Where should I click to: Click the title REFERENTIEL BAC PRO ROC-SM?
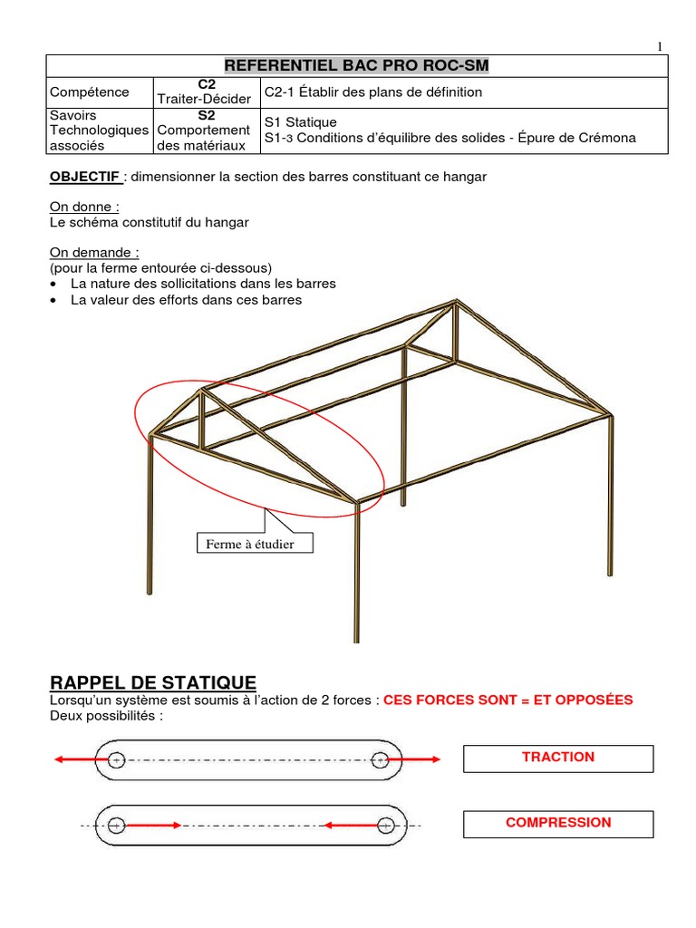356,66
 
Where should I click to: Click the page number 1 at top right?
660,47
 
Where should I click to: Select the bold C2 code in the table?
205,84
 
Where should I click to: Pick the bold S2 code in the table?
205,116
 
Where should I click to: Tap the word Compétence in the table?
90,92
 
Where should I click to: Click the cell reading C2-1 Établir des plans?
373,92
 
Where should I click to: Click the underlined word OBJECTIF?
84,177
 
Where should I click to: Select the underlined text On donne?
84,207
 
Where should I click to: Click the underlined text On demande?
94,252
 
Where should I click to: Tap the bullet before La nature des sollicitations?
56,284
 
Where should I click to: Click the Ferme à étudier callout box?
255,544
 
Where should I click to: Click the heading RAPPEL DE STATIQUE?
153,682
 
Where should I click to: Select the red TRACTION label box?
558,758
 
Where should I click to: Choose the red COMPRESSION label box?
558,823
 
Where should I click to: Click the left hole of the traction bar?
117,759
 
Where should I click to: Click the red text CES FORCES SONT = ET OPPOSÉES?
508,701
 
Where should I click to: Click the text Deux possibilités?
106,716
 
